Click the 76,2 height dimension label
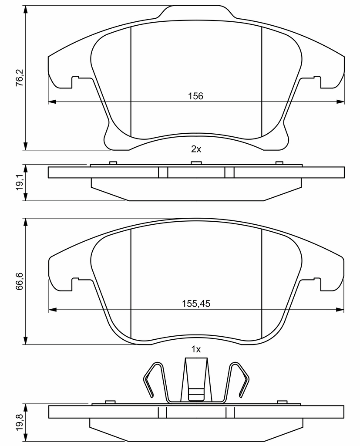(19, 78)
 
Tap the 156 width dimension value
(195, 96)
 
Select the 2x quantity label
(196, 149)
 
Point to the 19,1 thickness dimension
(19, 182)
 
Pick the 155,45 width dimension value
(196, 304)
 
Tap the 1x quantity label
(196, 349)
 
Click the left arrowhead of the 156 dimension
(52, 101)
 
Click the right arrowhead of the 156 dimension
(340, 101)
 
